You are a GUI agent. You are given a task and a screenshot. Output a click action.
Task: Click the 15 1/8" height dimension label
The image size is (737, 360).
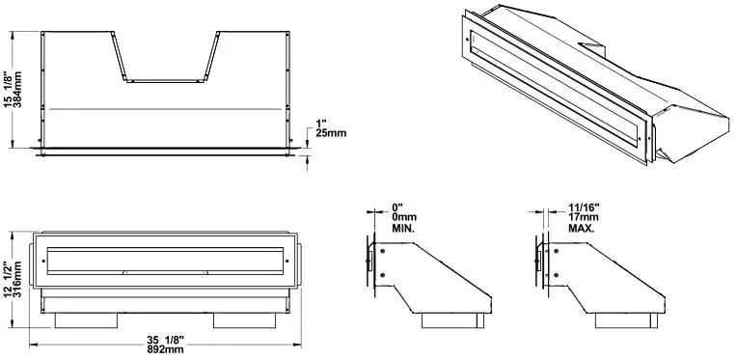(9, 93)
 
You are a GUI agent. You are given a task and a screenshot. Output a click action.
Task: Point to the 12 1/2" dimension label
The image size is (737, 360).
(9, 281)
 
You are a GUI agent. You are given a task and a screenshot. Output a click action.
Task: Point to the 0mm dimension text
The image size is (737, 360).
(405, 217)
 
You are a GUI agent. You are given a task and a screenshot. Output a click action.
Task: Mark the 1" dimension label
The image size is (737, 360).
(321, 123)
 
